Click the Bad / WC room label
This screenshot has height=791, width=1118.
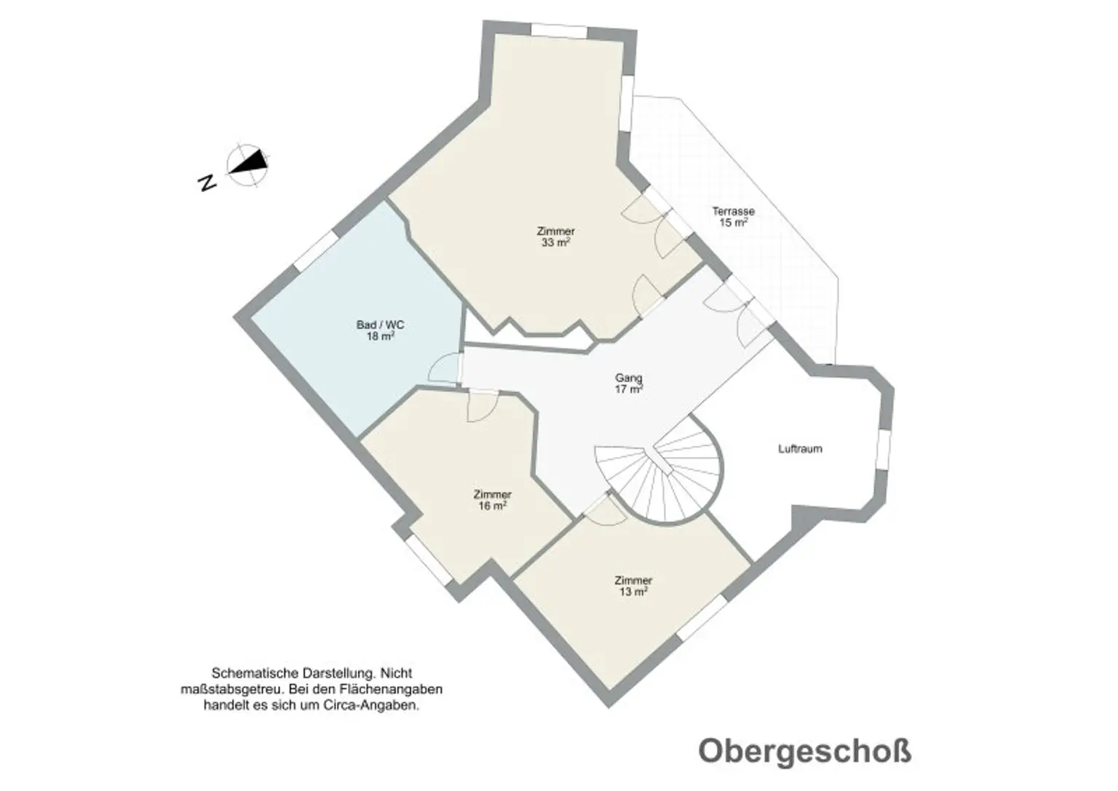(381, 325)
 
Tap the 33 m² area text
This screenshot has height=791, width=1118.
(556, 242)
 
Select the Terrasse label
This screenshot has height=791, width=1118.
(733, 211)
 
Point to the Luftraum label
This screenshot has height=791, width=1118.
(800, 449)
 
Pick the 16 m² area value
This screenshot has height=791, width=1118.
(493, 506)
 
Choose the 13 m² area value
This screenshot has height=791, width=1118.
(633, 592)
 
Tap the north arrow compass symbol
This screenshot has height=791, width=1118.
(247, 164)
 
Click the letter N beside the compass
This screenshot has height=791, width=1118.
(207, 183)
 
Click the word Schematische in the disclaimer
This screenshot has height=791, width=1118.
(255, 673)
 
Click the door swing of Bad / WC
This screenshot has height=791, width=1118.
(445, 369)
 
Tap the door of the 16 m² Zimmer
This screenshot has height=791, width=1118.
(483, 406)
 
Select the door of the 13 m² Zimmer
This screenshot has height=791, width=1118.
(606, 511)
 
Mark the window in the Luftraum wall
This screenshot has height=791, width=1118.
(883, 449)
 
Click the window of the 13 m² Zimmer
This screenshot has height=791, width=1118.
(702, 617)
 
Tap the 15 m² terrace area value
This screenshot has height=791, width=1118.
(733, 223)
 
